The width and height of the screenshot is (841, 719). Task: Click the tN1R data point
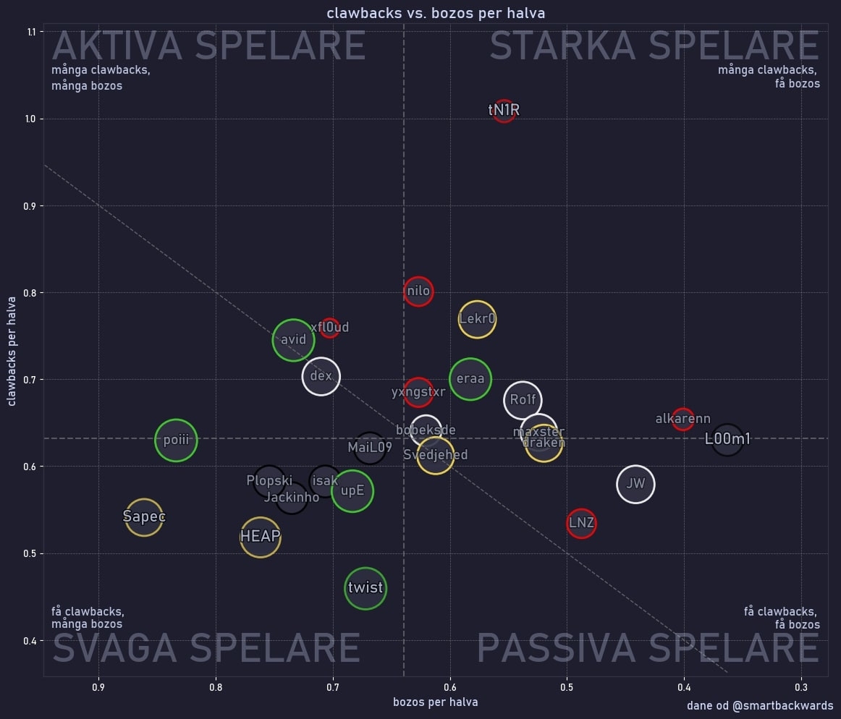click(504, 111)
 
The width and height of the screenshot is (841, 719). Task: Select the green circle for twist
click(365, 587)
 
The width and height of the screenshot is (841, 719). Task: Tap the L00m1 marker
click(727, 439)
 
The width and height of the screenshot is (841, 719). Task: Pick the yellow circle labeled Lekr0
click(477, 319)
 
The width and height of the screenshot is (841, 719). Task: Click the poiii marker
click(176, 440)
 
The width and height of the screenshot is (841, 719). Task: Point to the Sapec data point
click(144, 517)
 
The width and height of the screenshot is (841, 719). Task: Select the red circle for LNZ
click(581, 523)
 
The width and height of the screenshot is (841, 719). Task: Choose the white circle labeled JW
click(635, 485)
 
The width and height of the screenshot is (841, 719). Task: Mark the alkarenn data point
click(682, 419)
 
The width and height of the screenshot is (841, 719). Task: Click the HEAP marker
click(260, 537)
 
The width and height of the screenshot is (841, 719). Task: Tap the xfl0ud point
click(330, 328)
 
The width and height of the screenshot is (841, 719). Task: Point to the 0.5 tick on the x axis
click(567, 687)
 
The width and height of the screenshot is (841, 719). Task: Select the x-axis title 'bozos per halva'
click(435, 702)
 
